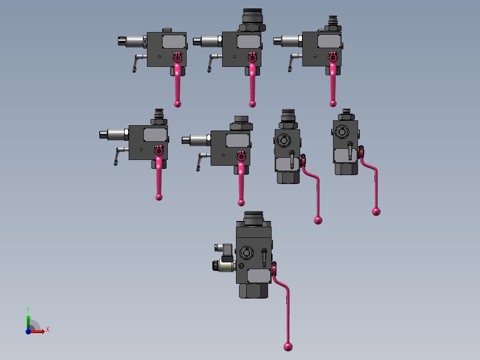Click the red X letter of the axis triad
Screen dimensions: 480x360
click(x=48, y=330)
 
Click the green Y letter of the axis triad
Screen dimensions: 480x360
click(x=28, y=310)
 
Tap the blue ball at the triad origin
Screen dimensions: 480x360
click(x=28, y=331)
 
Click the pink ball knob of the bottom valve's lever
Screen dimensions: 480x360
click(x=288, y=347)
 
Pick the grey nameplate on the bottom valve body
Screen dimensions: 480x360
click(x=259, y=276)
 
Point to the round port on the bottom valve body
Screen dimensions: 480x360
click(x=246, y=253)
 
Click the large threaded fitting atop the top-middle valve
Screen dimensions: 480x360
click(x=252, y=16)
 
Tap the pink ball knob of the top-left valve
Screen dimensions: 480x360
click(x=178, y=104)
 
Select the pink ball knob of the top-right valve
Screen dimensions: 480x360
click(x=333, y=103)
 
